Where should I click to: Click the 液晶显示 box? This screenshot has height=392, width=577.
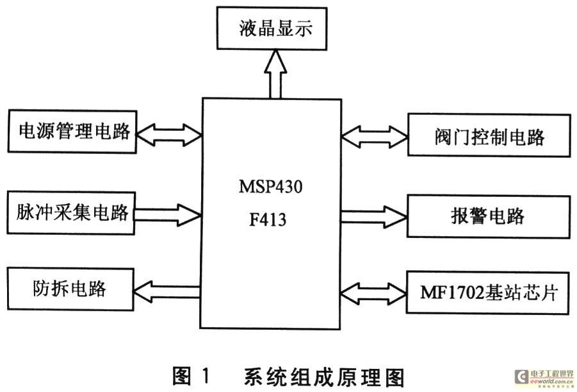[272, 29]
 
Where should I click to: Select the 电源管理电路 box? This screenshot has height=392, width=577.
[73, 132]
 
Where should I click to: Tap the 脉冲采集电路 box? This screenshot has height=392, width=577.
[73, 212]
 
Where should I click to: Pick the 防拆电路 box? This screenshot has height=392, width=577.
[73, 289]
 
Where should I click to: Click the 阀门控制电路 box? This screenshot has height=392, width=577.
[489, 136]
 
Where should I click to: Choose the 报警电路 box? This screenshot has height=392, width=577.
[489, 216]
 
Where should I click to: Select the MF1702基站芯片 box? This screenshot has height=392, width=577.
[489, 293]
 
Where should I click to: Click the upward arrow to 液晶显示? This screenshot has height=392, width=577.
[275, 74]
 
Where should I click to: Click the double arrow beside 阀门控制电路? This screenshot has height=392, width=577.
[374, 135]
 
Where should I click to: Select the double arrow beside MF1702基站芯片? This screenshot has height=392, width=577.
[374, 293]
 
